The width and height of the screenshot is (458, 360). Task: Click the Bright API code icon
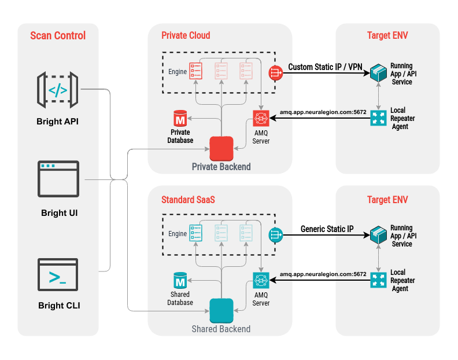[57, 90]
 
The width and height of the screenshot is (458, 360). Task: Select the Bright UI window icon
[57, 180]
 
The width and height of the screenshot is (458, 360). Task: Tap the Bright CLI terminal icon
[57, 275]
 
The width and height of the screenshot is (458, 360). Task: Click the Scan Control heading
[58, 36]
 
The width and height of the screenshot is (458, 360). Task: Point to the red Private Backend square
[221, 148]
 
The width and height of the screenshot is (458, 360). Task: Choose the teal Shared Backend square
[221, 310]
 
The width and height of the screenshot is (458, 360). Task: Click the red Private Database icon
[180, 120]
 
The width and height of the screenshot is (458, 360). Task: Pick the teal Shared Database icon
[180, 282]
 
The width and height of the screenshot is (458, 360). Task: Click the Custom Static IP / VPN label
[326, 67]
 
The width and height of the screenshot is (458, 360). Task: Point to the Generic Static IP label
[327, 229]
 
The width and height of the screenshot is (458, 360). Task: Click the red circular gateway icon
[275, 73]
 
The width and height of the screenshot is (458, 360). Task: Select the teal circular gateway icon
[275, 235]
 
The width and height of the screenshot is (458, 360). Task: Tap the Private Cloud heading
[186, 35]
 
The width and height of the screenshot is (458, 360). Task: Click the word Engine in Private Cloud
[178, 72]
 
